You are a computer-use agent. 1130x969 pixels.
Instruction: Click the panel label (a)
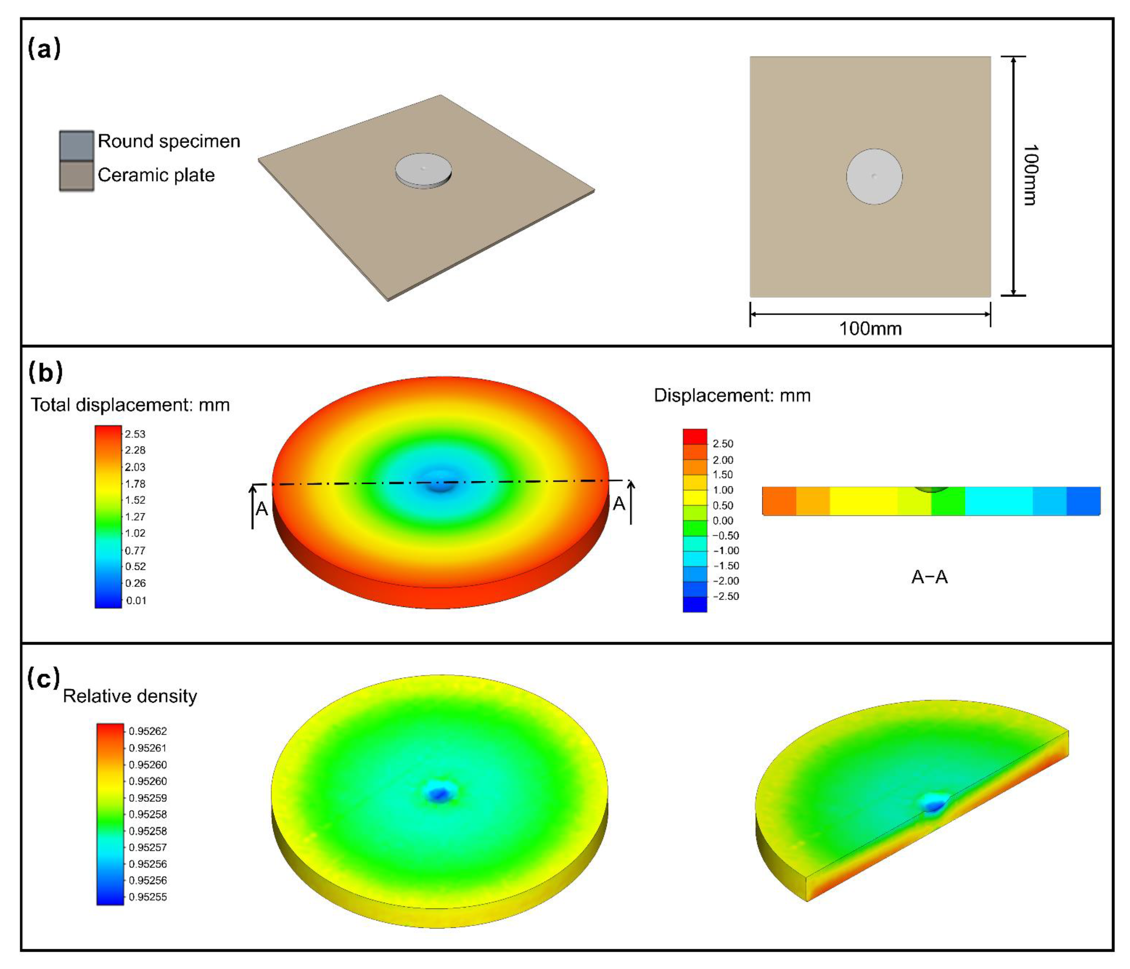click(x=44, y=49)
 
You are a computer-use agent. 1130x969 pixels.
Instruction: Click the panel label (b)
click(x=45, y=372)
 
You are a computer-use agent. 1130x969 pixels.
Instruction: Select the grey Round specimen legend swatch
click(x=76, y=145)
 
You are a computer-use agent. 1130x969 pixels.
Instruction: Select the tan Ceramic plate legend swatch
click(x=76, y=176)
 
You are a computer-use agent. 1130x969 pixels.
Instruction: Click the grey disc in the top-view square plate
click(x=874, y=176)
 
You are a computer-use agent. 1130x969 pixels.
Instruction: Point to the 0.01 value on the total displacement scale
click(x=136, y=600)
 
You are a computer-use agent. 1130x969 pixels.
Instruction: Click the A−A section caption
click(x=929, y=577)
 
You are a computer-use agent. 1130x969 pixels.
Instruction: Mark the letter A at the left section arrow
click(x=262, y=509)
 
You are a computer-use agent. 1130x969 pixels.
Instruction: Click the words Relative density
click(x=130, y=696)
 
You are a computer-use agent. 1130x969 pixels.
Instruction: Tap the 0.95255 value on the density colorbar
click(x=148, y=897)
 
